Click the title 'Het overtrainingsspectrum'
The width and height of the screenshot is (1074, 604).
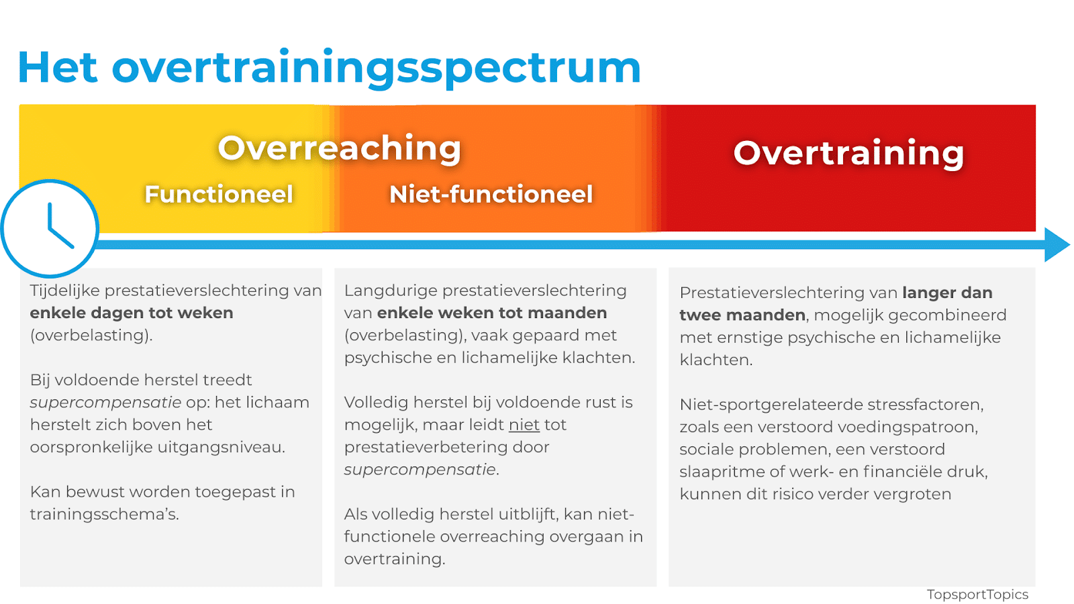pyautogui.click(x=329, y=68)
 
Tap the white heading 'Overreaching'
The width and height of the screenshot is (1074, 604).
pyautogui.click(x=340, y=148)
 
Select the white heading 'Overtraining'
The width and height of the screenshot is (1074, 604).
pyautogui.click(x=848, y=154)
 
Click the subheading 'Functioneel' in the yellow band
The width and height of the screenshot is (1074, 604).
pyautogui.click(x=219, y=194)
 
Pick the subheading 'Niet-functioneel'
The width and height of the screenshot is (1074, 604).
pyautogui.click(x=491, y=194)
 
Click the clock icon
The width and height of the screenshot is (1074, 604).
pyautogui.click(x=50, y=229)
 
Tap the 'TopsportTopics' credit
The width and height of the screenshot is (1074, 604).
pyautogui.click(x=977, y=595)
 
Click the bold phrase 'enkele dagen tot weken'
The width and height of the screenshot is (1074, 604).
pyautogui.click(x=132, y=313)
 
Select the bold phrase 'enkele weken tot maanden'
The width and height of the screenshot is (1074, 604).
pyautogui.click(x=492, y=313)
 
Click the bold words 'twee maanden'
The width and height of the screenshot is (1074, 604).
pyautogui.click(x=742, y=315)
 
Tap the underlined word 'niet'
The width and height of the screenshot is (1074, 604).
pyautogui.click(x=524, y=425)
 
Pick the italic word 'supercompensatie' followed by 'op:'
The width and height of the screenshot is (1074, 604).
pyautogui.click(x=105, y=403)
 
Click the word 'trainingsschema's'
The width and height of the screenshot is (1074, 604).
pyautogui.click(x=103, y=515)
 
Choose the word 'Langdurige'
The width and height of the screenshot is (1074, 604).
pyautogui.click(x=390, y=291)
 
